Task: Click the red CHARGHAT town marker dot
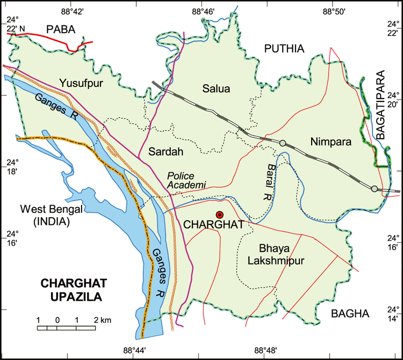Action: coord(220,215)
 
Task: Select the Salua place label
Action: coord(216,89)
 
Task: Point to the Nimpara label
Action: coord(331,143)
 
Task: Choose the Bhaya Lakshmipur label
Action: coord(275,255)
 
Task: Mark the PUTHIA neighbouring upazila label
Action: coord(284,49)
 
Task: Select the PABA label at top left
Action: coord(61,30)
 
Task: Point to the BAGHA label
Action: coord(350,314)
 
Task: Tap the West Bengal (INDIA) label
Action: coord(45,215)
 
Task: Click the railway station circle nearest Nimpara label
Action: coord(283,143)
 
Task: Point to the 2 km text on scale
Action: coord(102,320)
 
